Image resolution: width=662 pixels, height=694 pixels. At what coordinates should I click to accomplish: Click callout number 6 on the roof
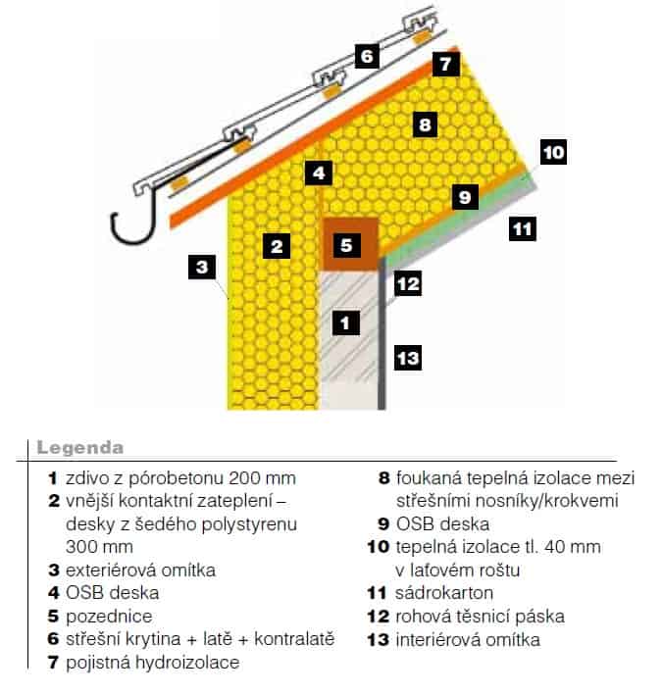coord(367,56)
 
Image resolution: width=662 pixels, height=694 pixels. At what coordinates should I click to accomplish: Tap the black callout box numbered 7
coord(445,64)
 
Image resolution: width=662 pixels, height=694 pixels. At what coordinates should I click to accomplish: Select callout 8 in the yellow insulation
coord(425,124)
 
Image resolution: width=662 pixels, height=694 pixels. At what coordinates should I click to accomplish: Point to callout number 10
coord(553,152)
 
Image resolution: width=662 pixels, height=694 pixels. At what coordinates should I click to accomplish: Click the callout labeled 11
coord(523,228)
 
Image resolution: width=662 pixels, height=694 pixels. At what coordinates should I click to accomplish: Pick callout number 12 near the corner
coord(408,283)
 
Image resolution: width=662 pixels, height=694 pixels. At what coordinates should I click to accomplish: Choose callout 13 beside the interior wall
coord(408,358)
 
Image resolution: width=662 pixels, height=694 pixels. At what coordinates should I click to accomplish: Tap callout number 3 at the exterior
coord(202,267)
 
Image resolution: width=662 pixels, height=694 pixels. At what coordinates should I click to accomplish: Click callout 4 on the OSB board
coord(319,173)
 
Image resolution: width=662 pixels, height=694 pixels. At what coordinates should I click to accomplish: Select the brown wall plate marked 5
coord(350,244)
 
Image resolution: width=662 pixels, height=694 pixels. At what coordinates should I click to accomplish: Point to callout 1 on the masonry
coord(346,322)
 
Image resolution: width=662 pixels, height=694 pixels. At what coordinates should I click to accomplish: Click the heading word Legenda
coord(80,448)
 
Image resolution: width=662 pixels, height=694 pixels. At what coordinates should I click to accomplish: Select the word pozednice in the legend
coord(109,617)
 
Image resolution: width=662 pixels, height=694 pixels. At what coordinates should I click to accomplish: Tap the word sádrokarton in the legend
coord(444,593)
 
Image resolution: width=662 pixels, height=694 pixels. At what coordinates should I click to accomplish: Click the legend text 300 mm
coord(99,547)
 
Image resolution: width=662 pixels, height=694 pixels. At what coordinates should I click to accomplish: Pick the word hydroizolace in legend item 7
coord(187,663)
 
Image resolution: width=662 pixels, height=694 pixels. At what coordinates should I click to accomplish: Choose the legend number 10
coord(379,547)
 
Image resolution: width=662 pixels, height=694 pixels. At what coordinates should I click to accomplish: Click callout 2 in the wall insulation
coord(277,246)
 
